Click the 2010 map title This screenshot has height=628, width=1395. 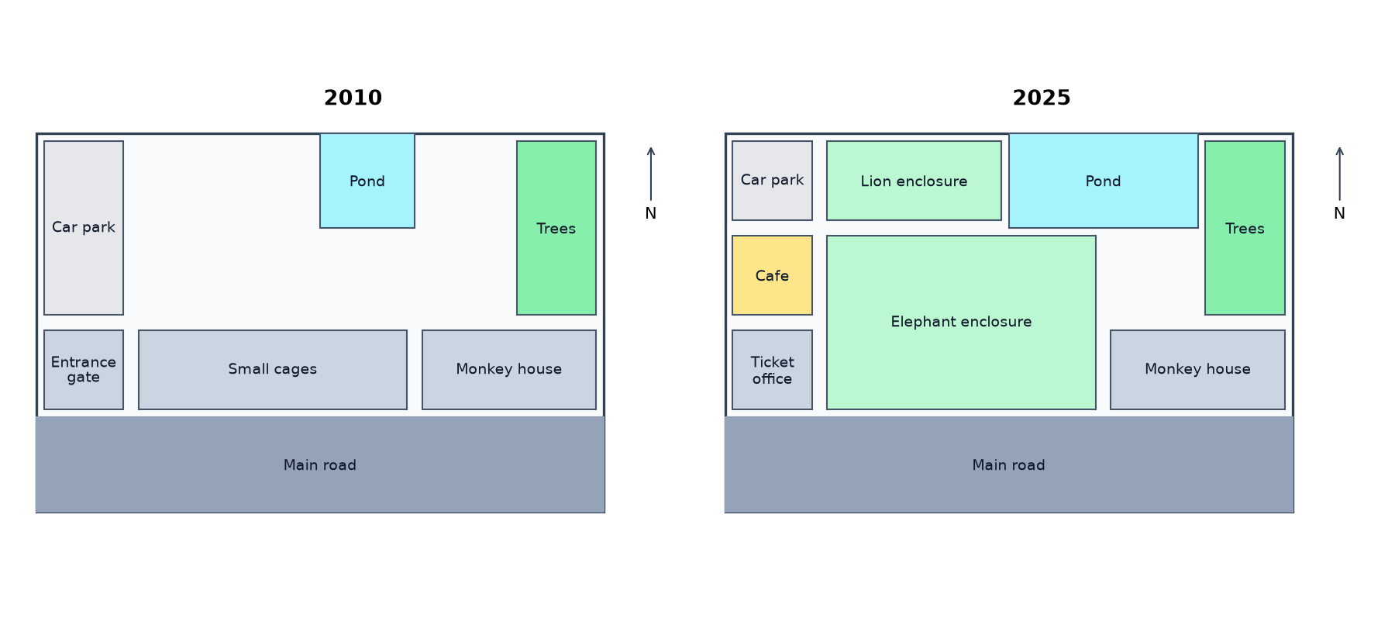point(353,98)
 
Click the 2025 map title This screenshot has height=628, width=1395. point(1042,98)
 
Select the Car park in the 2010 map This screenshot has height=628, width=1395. point(84,228)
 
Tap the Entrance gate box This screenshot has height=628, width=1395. point(84,370)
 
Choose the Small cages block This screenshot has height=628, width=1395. point(273,370)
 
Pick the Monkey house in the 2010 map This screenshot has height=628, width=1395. point(509,370)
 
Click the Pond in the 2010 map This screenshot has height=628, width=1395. point(367,181)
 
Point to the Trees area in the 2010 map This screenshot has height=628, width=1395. point(556,228)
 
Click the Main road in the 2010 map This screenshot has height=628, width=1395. point(320,464)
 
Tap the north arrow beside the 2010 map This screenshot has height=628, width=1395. point(651,174)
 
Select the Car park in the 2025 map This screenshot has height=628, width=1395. point(772,181)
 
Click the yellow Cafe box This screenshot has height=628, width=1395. point(772,275)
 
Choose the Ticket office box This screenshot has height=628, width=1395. point(772,370)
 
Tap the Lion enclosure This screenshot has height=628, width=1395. point(914,181)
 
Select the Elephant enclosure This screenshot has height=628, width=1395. point(961,323)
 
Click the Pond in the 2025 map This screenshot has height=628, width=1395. point(1104,181)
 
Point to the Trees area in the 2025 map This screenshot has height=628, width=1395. point(1245,228)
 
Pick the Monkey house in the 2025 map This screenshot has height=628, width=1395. point(1197,370)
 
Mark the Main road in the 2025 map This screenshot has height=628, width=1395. point(1009,464)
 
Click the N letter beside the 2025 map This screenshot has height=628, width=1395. point(1339,213)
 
